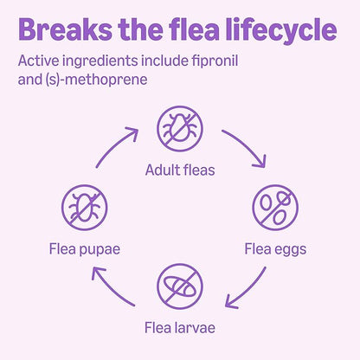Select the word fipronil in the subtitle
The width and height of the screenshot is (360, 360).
[x=215, y=61]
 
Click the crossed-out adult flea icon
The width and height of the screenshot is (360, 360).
[x=180, y=129]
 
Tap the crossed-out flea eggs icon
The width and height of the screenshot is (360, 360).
[x=275, y=208]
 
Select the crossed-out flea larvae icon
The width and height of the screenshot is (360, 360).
[x=180, y=286]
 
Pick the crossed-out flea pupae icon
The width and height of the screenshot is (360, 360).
[x=85, y=208]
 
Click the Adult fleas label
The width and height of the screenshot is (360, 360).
[x=180, y=170]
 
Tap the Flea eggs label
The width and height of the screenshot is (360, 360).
[x=275, y=249]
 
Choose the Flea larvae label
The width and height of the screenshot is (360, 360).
[x=180, y=328]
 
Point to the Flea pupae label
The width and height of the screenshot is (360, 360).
[x=85, y=249]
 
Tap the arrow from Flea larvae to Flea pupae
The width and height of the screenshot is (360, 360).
[x=110, y=288]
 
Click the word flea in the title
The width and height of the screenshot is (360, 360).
[x=194, y=29]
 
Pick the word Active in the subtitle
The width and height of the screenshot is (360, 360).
[x=38, y=61]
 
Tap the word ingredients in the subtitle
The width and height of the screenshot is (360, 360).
[x=100, y=62]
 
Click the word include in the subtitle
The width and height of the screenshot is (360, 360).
[x=164, y=61]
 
